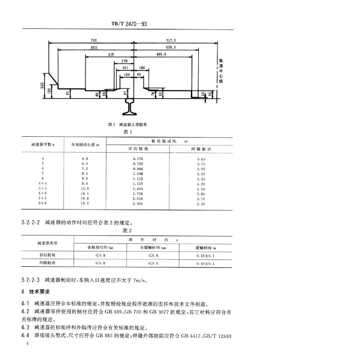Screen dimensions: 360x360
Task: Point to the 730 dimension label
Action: point(94,41)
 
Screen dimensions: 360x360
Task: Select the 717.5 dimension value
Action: point(171,41)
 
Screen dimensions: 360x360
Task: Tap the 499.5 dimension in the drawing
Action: point(161,54)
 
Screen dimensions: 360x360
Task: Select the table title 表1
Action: point(127,132)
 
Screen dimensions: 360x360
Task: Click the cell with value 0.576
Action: point(138,159)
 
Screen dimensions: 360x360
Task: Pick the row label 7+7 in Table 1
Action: point(43,198)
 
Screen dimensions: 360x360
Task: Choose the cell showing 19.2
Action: point(85,204)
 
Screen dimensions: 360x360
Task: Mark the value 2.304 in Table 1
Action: point(138,204)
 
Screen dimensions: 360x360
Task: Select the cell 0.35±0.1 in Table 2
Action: point(205,255)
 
